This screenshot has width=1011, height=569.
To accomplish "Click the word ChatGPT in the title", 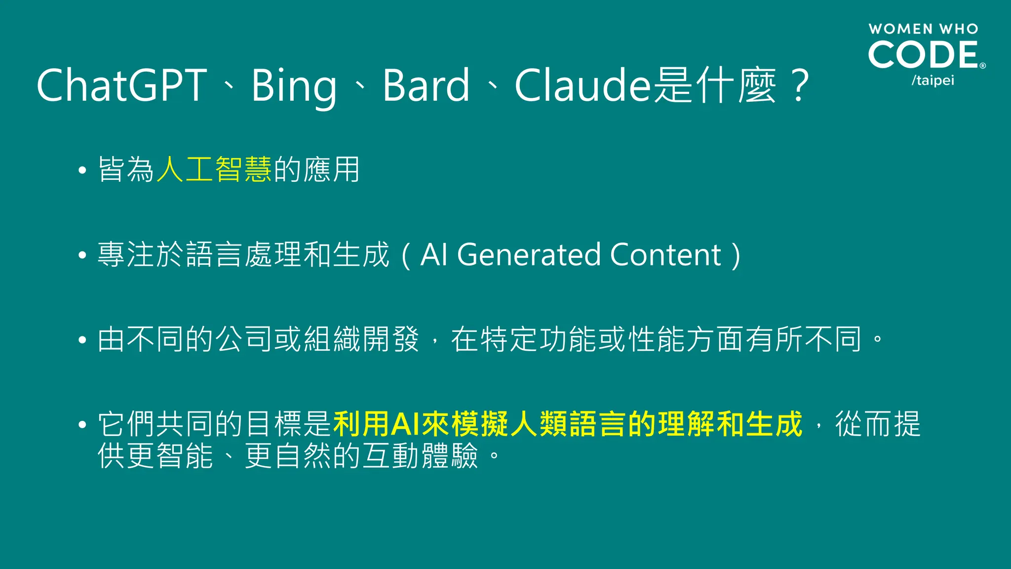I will pos(121,85).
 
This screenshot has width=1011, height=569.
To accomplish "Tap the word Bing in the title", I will pos(294,86).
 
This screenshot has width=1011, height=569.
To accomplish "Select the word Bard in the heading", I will pos(426,85).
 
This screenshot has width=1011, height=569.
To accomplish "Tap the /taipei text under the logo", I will pos(933,81).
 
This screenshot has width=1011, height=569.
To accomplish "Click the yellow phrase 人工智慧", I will pos(214,169).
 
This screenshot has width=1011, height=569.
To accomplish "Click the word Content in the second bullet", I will pos(665,255).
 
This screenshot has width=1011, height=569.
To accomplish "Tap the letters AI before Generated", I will pos(434,255).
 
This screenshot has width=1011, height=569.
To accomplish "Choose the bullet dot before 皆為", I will pos(82,171).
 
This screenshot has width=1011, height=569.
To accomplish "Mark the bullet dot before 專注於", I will pos(82,256).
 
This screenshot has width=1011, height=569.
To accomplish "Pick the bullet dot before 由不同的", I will pos(82,340).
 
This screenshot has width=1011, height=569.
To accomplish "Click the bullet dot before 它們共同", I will pos(82,425).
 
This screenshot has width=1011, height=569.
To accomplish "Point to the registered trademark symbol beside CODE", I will pos(982,66).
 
